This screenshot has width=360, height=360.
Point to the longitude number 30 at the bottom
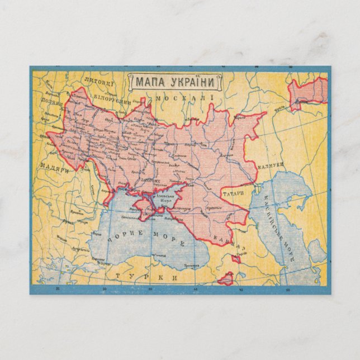[105, 288]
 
